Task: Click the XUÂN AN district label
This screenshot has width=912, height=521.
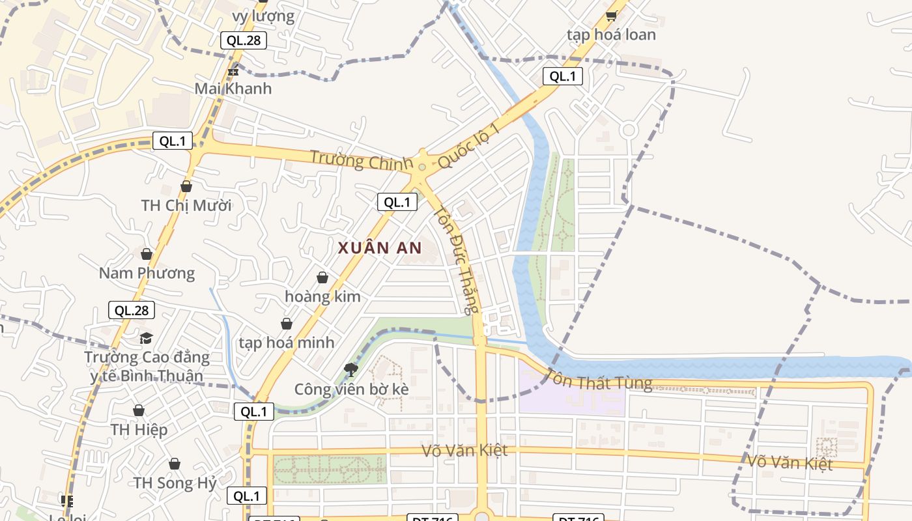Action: (380, 247)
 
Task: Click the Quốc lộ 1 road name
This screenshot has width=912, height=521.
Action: (468, 145)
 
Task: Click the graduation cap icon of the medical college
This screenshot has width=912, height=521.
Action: (147, 338)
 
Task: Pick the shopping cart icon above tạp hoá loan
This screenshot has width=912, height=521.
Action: (611, 16)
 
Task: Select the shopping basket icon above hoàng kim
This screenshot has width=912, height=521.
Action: (322, 277)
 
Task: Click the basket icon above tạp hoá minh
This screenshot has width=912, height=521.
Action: (287, 324)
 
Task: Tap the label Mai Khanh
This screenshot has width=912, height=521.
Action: (233, 89)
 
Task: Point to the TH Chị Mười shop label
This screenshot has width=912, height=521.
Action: (186, 206)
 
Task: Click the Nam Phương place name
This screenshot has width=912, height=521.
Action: (147, 273)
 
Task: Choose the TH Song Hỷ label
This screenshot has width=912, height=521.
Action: (175, 483)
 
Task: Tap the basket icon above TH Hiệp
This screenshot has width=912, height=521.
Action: (139, 410)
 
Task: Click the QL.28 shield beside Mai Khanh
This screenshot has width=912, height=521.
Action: (243, 40)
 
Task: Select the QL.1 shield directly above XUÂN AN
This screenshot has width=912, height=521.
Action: (397, 202)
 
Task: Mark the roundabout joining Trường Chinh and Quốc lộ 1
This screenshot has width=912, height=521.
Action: (422, 167)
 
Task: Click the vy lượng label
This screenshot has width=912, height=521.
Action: (263, 16)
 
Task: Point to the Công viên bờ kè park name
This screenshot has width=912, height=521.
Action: (352, 389)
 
